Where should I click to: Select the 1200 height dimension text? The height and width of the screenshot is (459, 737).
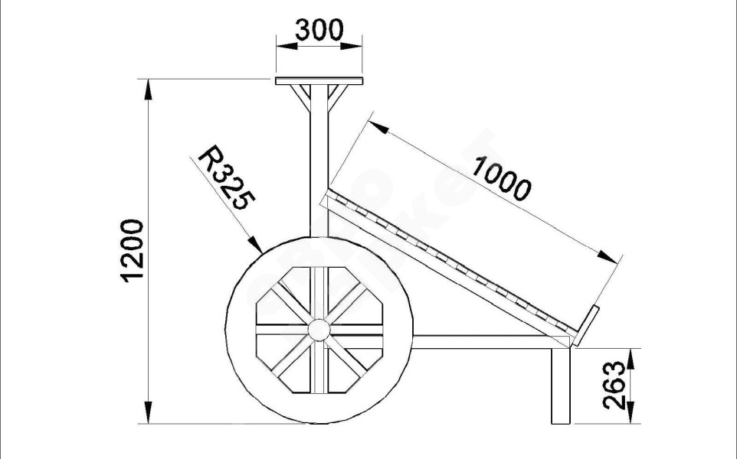[x=133, y=250]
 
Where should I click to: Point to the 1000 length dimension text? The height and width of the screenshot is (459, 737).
[x=501, y=177]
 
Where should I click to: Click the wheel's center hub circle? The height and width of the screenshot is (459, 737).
[x=319, y=330]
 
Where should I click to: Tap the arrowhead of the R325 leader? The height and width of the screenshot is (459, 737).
[x=257, y=245]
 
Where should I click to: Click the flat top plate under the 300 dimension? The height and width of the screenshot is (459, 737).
[x=318, y=80]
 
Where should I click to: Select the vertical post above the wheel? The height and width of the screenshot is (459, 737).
[x=319, y=168]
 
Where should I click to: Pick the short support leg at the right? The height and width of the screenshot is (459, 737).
[x=561, y=386]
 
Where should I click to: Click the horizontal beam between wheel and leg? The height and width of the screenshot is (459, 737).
[x=483, y=342]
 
